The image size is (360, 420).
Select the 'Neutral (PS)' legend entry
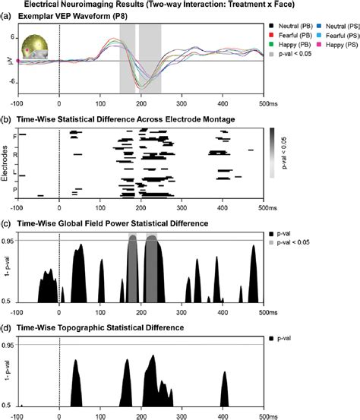[x=335, y=24]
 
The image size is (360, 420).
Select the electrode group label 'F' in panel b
[x=15, y=137]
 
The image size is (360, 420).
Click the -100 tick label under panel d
[x=18, y=416]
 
